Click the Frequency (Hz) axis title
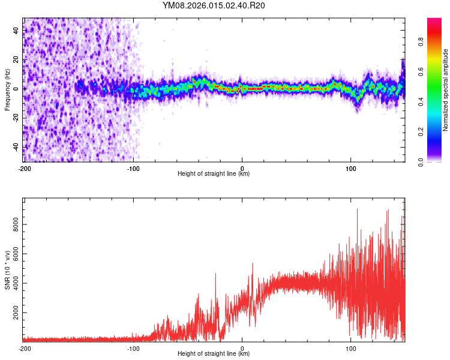(x=7, y=90)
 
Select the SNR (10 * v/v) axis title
(x=7, y=270)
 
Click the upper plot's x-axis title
(x=214, y=174)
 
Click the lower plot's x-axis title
(x=214, y=354)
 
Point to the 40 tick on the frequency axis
(x=16, y=31)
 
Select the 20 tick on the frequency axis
(x=16, y=60)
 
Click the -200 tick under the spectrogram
(x=24, y=168)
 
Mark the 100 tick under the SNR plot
(x=351, y=348)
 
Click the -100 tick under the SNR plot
(x=133, y=348)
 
